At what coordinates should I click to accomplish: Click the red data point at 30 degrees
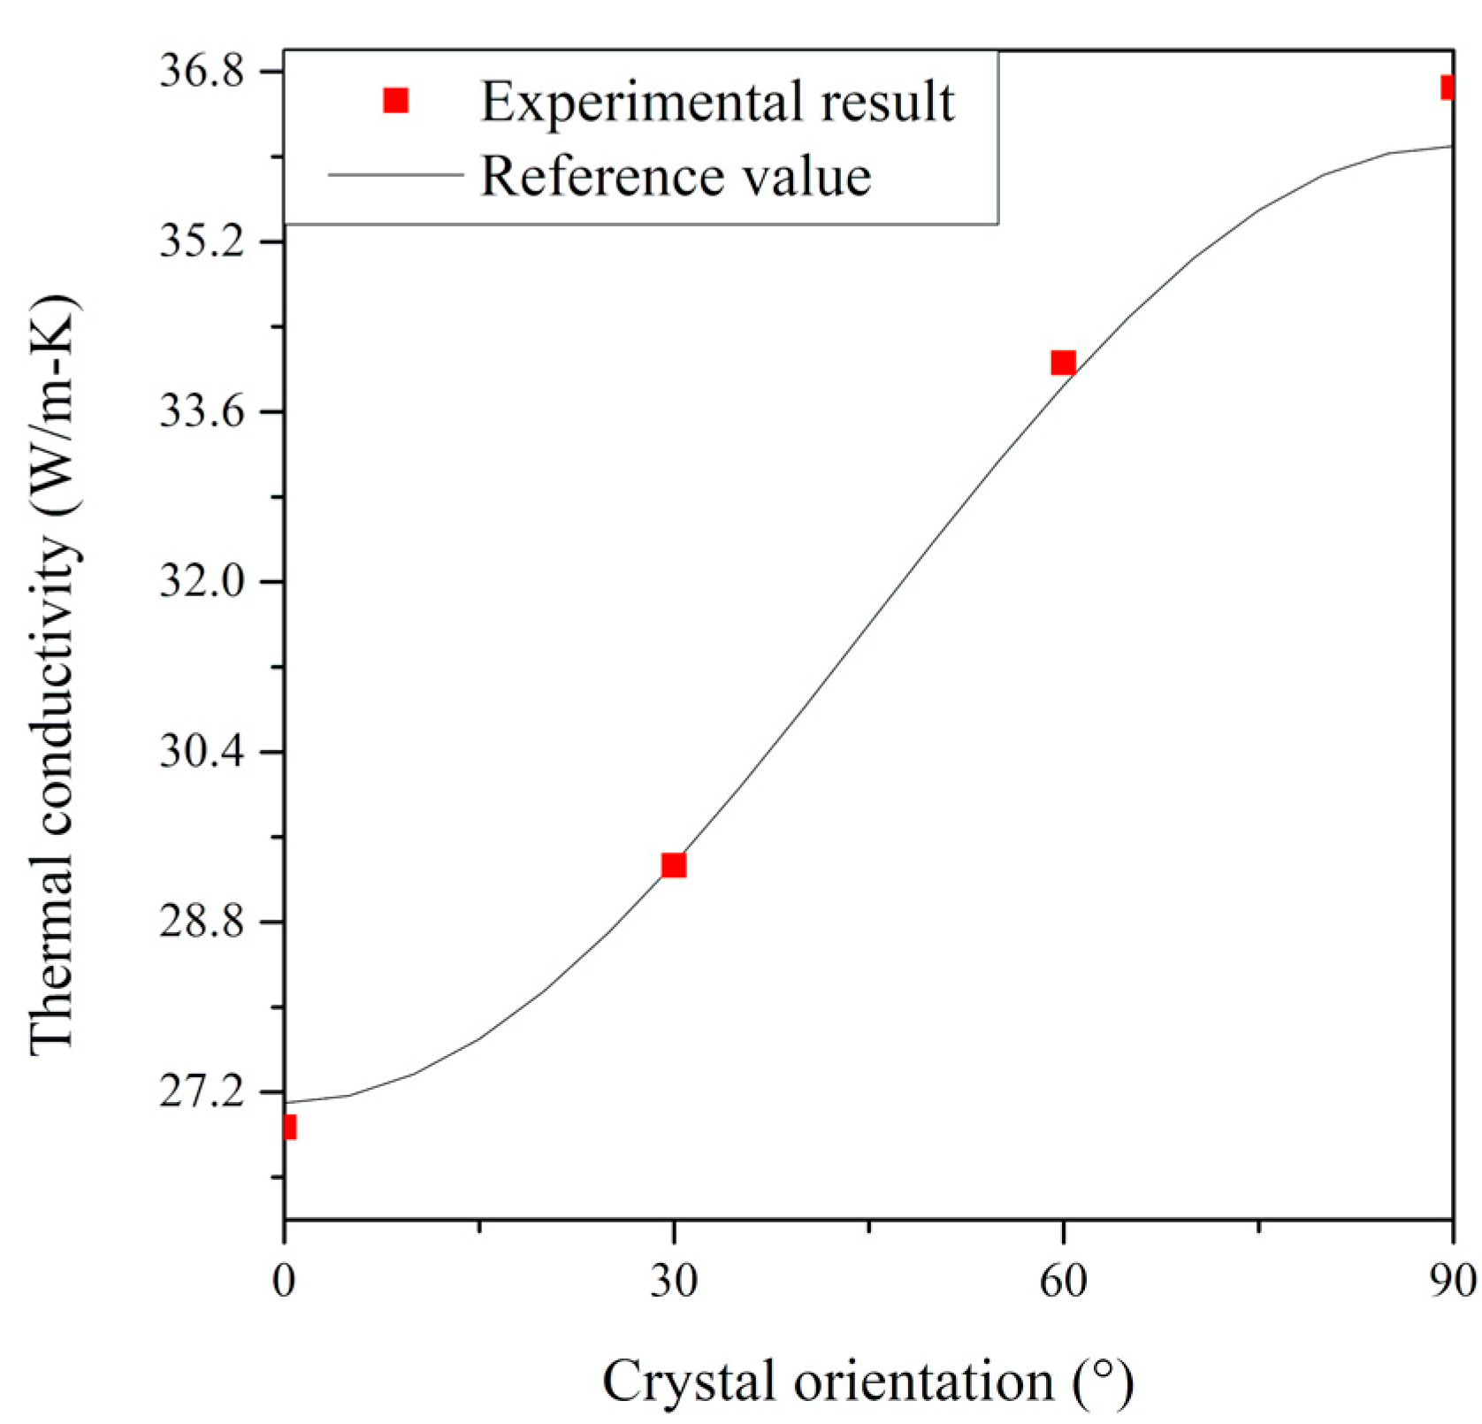674,864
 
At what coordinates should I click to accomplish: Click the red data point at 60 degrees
1063,363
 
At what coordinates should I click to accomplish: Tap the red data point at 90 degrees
1447,87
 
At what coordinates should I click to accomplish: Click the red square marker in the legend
395,101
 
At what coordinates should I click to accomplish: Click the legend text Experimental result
717,101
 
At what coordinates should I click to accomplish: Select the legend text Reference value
676,175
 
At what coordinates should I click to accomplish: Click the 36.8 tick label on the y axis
202,72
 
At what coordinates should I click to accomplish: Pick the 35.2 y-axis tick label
202,241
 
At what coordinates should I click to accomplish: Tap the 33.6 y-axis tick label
202,412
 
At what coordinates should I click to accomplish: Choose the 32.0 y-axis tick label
202,582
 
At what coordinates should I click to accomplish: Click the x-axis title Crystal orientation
867,1381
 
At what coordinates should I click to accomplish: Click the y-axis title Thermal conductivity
55,677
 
